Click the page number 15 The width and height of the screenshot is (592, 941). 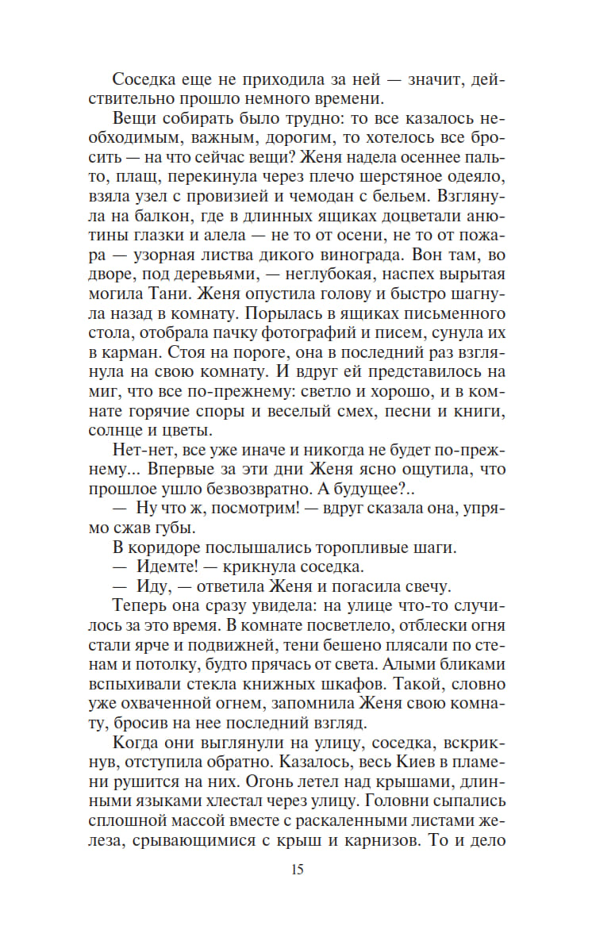point(297,870)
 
